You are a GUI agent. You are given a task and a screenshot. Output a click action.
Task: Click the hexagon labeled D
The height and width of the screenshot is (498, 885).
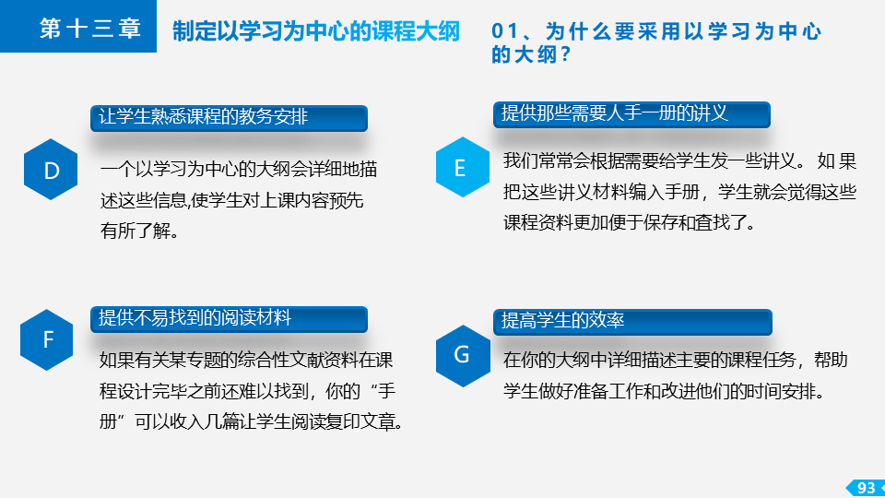pyautogui.click(x=51, y=170)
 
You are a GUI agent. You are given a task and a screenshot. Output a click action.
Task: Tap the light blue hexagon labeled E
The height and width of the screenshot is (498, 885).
pyautogui.click(x=463, y=167)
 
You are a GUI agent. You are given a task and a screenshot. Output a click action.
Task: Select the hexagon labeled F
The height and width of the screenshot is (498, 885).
pyautogui.click(x=47, y=340)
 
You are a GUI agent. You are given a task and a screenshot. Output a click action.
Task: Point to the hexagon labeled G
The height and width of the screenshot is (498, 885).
pyautogui.click(x=463, y=356)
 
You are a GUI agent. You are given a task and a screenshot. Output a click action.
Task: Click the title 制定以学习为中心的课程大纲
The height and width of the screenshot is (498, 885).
pyautogui.click(x=316, y=31)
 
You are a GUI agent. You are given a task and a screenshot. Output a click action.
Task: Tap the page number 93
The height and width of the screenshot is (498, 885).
pyautogui.click(x=866, y=488)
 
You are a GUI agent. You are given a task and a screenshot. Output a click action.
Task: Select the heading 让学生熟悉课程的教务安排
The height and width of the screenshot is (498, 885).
pyautogui.click(x=203, y=116)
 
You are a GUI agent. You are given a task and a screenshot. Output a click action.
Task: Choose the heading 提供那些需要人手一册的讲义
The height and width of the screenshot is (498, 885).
pyautogui.click(x=614, y=113)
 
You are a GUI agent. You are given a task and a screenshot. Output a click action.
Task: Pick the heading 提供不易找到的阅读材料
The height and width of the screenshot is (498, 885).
pyautogui.click(x=195, y=317)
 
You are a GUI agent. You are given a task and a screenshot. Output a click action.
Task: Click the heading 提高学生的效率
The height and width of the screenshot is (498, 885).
pyautogui.click(x=562, y=320)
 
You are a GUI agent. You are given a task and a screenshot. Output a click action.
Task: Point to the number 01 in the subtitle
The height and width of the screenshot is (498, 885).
pyautogui.click(x=504, y=31)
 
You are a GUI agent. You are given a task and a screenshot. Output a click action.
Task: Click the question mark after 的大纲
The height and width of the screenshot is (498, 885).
pyautogui.click(x=565, y=54)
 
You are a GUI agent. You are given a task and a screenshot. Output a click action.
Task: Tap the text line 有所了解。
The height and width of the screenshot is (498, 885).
pyautogui.click(x=139, y=231)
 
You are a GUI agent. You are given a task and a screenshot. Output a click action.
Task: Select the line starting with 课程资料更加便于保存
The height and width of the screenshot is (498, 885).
pyautogui.click(x=630, y=222)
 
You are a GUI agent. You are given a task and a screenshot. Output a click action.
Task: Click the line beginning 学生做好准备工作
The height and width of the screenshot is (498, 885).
pyautogui.click(x=665, y=391)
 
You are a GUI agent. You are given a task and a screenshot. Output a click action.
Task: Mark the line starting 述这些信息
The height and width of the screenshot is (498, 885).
pyautogui.click(x=232, y=200)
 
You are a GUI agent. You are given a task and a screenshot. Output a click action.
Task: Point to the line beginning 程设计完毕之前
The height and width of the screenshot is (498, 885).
pyautogui.click(x=248, y=391)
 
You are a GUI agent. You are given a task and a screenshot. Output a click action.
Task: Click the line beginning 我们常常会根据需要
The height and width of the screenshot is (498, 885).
pyautogui.click(x=680, y=160)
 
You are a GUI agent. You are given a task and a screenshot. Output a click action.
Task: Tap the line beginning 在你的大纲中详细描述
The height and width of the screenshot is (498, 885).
pyautogui.click(x=676, y=360)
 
